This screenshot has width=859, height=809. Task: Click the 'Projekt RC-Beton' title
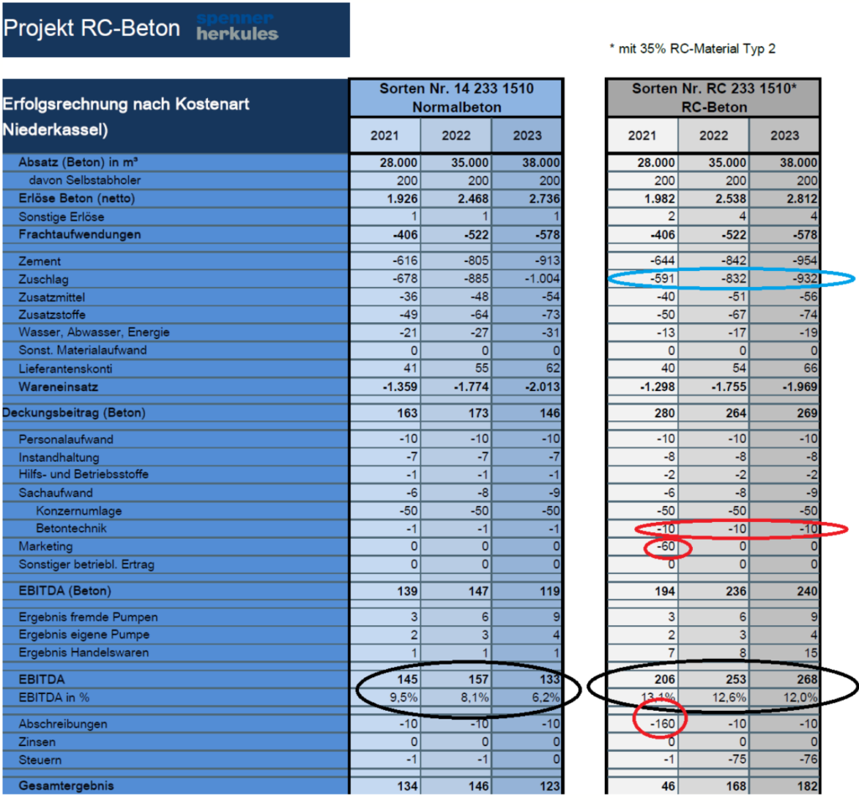pyautogui.click(x=91, y=29)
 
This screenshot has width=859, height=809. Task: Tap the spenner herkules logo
pyautogui.click(x=237, y=27)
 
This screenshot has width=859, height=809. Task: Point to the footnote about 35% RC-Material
pyautogui.click(x=692, y=49)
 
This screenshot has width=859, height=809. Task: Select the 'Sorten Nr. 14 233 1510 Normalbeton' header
pyautogui.click(x=456, y=97)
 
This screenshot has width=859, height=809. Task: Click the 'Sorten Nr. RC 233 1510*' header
pyautogui.click(x=714, y=88)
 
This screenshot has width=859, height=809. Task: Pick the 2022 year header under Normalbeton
pyautogui.click(x=456, y=135)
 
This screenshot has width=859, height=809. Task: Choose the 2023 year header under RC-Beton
pyautogui.click(x=784, y=135)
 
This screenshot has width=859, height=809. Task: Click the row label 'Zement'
pyautogui.click(x=39, y=261)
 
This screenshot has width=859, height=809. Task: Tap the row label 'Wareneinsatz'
pyautogui.click(x=58, y=387)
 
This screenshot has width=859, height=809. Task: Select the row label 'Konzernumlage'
pyautogui.click(x=79, y=511)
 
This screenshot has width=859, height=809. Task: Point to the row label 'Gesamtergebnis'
pyautogui.click(x=66, y=786)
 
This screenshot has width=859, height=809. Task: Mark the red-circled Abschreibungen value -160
pyautogui.click(x=663, y=723)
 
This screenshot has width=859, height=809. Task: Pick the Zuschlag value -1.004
pyautogui.click(x=542, y=279)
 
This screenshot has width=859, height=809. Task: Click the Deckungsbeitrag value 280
pyautogui.click(x=664, y=413)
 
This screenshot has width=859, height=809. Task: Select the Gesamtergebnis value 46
pyautogui.click(x=668, y=786)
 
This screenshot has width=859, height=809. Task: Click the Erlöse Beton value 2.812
pyautogui.click(x=802, y=198)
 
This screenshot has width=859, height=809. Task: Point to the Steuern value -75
pyautogui.click(x=737, y=759)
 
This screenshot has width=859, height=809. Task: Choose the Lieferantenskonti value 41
pyautogui.click(x=410, y=368)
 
